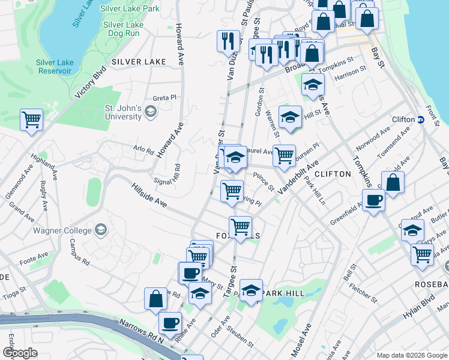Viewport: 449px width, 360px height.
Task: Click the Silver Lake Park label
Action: click(x=130, y=9)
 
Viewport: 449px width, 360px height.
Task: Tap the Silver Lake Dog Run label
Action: click(x=123, y=30)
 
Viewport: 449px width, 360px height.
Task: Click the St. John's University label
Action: click(x=123, y=112)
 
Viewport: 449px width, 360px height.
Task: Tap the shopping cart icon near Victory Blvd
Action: click(x=31, y=119)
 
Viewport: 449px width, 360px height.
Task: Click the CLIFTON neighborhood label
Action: click(x=332, y=174)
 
